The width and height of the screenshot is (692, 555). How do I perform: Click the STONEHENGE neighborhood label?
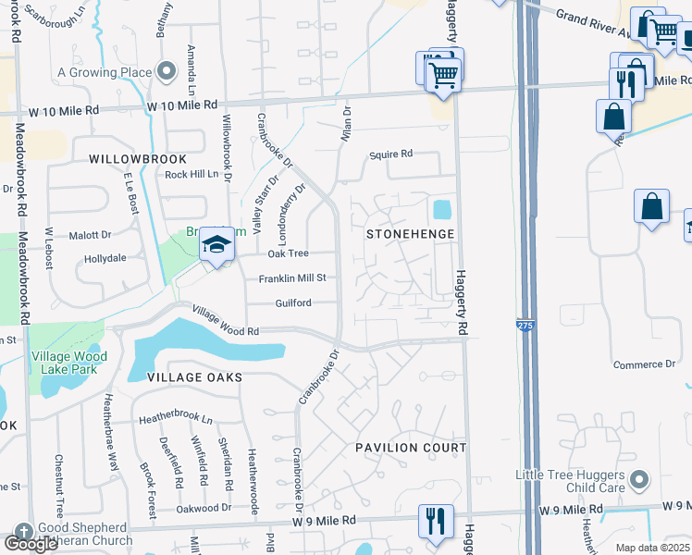pyautogui.click(x=411, y=234)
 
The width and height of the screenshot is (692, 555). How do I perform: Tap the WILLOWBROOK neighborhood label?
pyautogui.click(x=131, y=159)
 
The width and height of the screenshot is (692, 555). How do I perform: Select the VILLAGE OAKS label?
pyautogui.click(x=193, y=377)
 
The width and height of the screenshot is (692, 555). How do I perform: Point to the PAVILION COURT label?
pyautogui.click(x=411, y=448)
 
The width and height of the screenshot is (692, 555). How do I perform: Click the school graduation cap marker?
pyautogui.click(x=216, y=244)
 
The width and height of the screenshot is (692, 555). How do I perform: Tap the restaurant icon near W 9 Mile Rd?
pyautogui.click(x=435, y=520)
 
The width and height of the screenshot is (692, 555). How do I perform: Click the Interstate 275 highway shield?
pyautogui.click(x=524, y=325)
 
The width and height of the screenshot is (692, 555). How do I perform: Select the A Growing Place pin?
pyautogui.click(x=167, y=71)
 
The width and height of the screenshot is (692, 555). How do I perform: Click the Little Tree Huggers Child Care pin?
pyautogui.click(x=638, y=480)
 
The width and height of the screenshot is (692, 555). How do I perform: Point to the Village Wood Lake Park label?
pyautogui.click(x=69, y=362)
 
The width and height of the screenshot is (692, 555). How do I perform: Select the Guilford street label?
pyautogui.click(x=292, y=302)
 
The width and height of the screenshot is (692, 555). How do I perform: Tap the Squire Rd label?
pyautogui.click(x=389, y=155)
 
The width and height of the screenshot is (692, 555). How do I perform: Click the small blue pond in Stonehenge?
pyautogui.click(x=442, y=210)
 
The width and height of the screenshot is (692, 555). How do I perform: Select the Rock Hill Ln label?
pyautogui.click(x=192, y=174)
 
